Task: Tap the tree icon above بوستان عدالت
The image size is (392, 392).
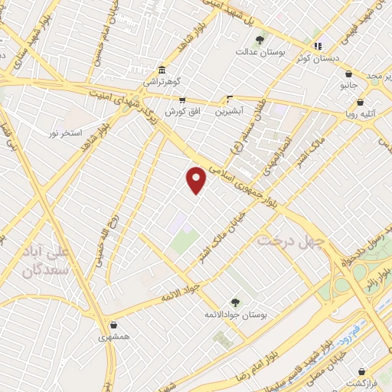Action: [x=260, y=39]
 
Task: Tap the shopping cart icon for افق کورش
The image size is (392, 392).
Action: [x=182, y=99]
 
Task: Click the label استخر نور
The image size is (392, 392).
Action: [x=64, y=134]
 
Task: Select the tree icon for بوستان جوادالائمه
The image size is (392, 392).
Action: [x=235, y=302]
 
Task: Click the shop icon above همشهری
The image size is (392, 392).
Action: [x=113, y=325]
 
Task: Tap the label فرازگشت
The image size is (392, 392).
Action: [x=366, y=382]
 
